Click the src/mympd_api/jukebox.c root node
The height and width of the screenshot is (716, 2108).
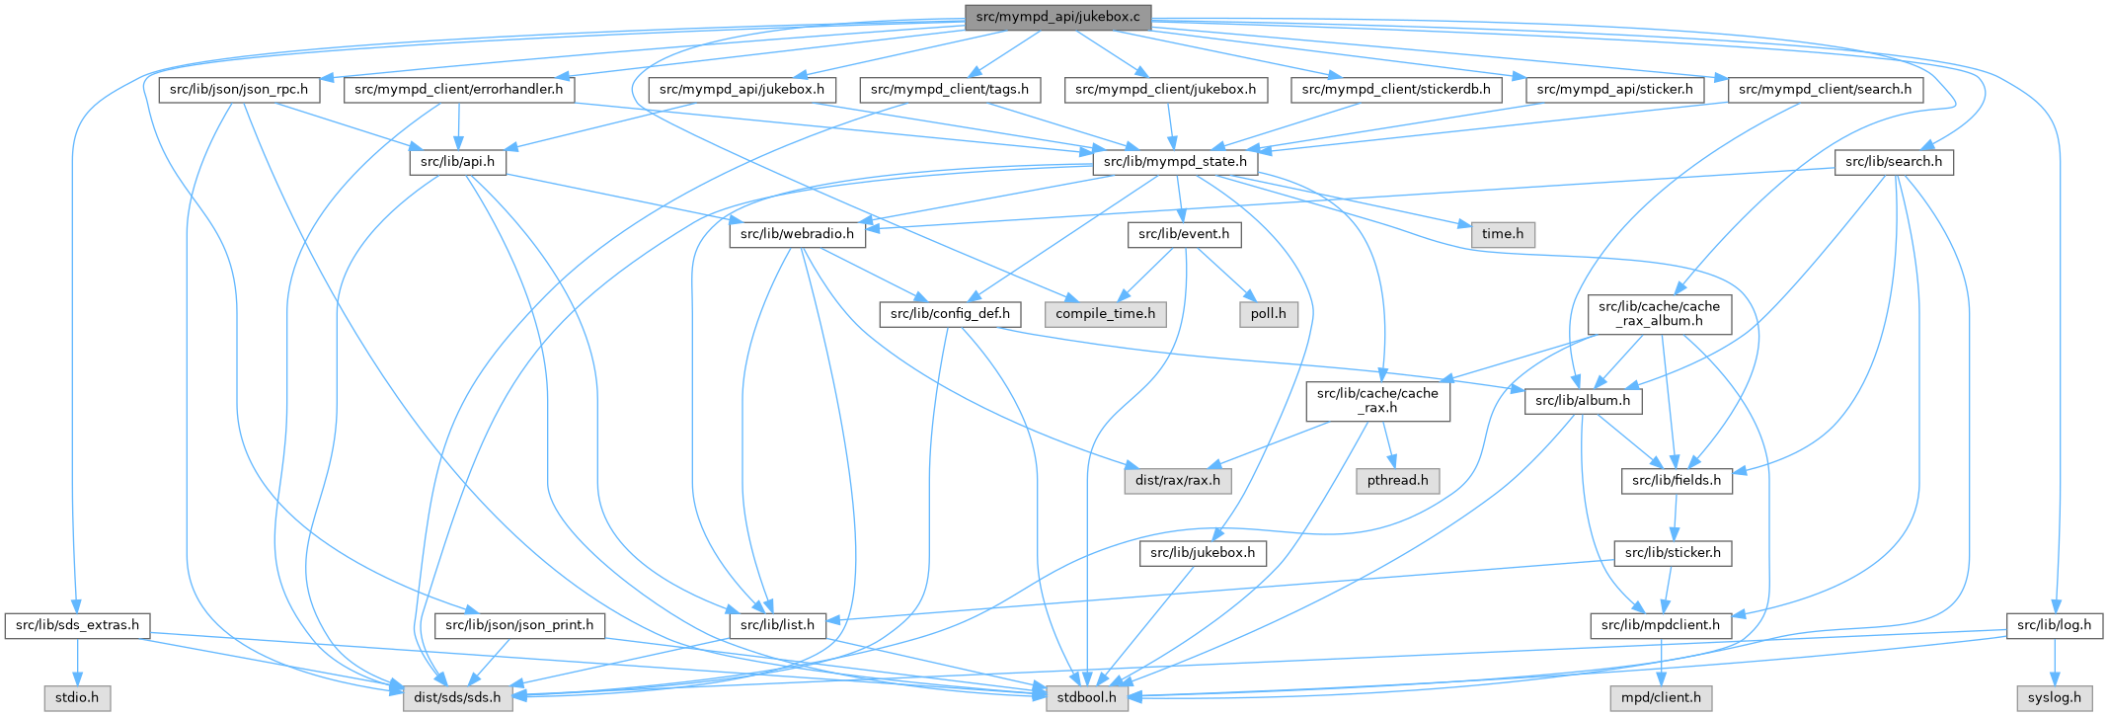click(1056, 17)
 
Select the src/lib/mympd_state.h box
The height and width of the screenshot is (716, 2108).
click(1175, 161)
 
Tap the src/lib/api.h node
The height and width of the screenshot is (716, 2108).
click(458, 161)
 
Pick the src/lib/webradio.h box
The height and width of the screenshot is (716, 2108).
click(797, 234)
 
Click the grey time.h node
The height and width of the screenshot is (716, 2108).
click(1503, 234)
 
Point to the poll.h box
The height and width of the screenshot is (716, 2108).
click(1268, 314)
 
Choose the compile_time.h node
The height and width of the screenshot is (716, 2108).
click(1105, 314)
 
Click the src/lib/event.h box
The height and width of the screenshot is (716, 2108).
click(1184, 234)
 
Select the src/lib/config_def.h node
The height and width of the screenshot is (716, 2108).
click(950, 314)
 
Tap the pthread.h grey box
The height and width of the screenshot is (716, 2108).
click(1397, 481)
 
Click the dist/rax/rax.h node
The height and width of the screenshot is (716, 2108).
click(1177, 481)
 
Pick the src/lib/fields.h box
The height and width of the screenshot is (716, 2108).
click(1676, 481)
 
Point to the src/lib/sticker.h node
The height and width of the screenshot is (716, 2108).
click(1673, 553)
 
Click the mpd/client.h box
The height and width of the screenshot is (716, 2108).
click(1661, 697)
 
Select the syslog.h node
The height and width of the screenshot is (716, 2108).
click(2054, 697)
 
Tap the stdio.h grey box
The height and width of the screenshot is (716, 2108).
click(76, 697)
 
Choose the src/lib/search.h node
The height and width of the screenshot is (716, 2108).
click(1893, 161)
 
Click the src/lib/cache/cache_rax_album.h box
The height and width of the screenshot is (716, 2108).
click(1659, 314)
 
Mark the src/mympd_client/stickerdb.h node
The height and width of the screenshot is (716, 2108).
click(1395, 90)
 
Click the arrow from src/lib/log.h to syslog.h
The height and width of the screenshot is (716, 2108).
click(2054, 662)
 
